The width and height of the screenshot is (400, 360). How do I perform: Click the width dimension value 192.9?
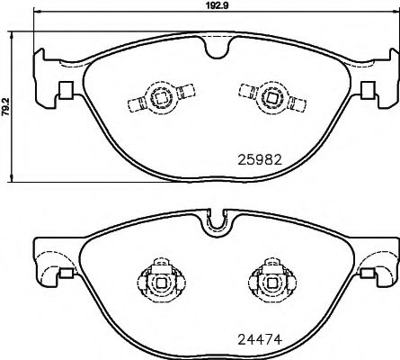pyautogui.click(x=210, y=4)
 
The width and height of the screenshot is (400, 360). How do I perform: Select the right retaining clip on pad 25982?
pyautogui.click(x=267, y=94)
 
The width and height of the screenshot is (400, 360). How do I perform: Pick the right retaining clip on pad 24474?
pyautogui.click(x=267, y=280)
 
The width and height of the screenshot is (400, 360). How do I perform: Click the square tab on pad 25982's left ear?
pyautogui.click(x=64, y=91)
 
